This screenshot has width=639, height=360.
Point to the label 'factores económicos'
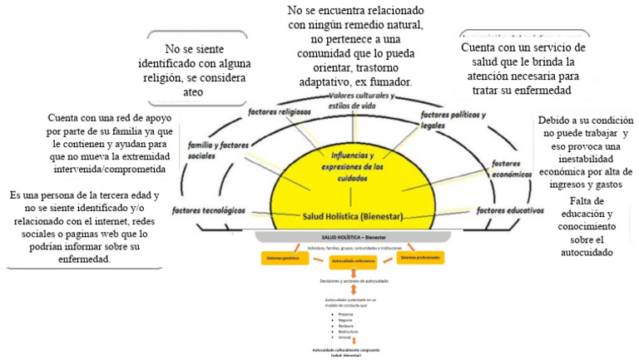511,169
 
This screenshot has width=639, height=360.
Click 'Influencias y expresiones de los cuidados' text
359,160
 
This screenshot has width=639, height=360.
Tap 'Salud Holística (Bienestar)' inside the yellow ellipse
353,216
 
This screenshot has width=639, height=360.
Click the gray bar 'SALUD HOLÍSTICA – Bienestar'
354,237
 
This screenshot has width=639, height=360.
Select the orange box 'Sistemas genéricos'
285,259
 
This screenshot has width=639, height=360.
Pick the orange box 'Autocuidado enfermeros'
354,262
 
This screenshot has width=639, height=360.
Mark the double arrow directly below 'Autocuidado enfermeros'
354,274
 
